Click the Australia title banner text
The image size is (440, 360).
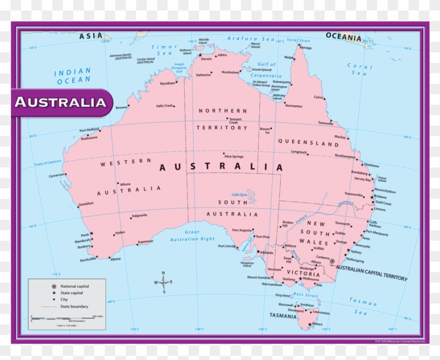click(x=60, y=102)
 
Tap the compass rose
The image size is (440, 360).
click(x=164, y=283)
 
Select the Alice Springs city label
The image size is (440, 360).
click(x=234, y=156)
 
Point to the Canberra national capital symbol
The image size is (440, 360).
click(x=332, y=261)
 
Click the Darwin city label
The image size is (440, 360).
click(x=206, y=59)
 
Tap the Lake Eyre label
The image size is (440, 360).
click(x=239, y=195)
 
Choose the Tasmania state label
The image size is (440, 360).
click(x=283, y=316)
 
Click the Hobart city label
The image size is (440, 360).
click(x=317, y=324)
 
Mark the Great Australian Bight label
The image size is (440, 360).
click(x=192, y=235)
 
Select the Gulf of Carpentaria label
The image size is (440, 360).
click(x=266, y=70)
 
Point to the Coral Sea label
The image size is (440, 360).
click(x=360, y=70)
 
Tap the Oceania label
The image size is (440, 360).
click(x=344, y=37)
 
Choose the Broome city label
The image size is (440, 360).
click(x=121, y=107)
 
